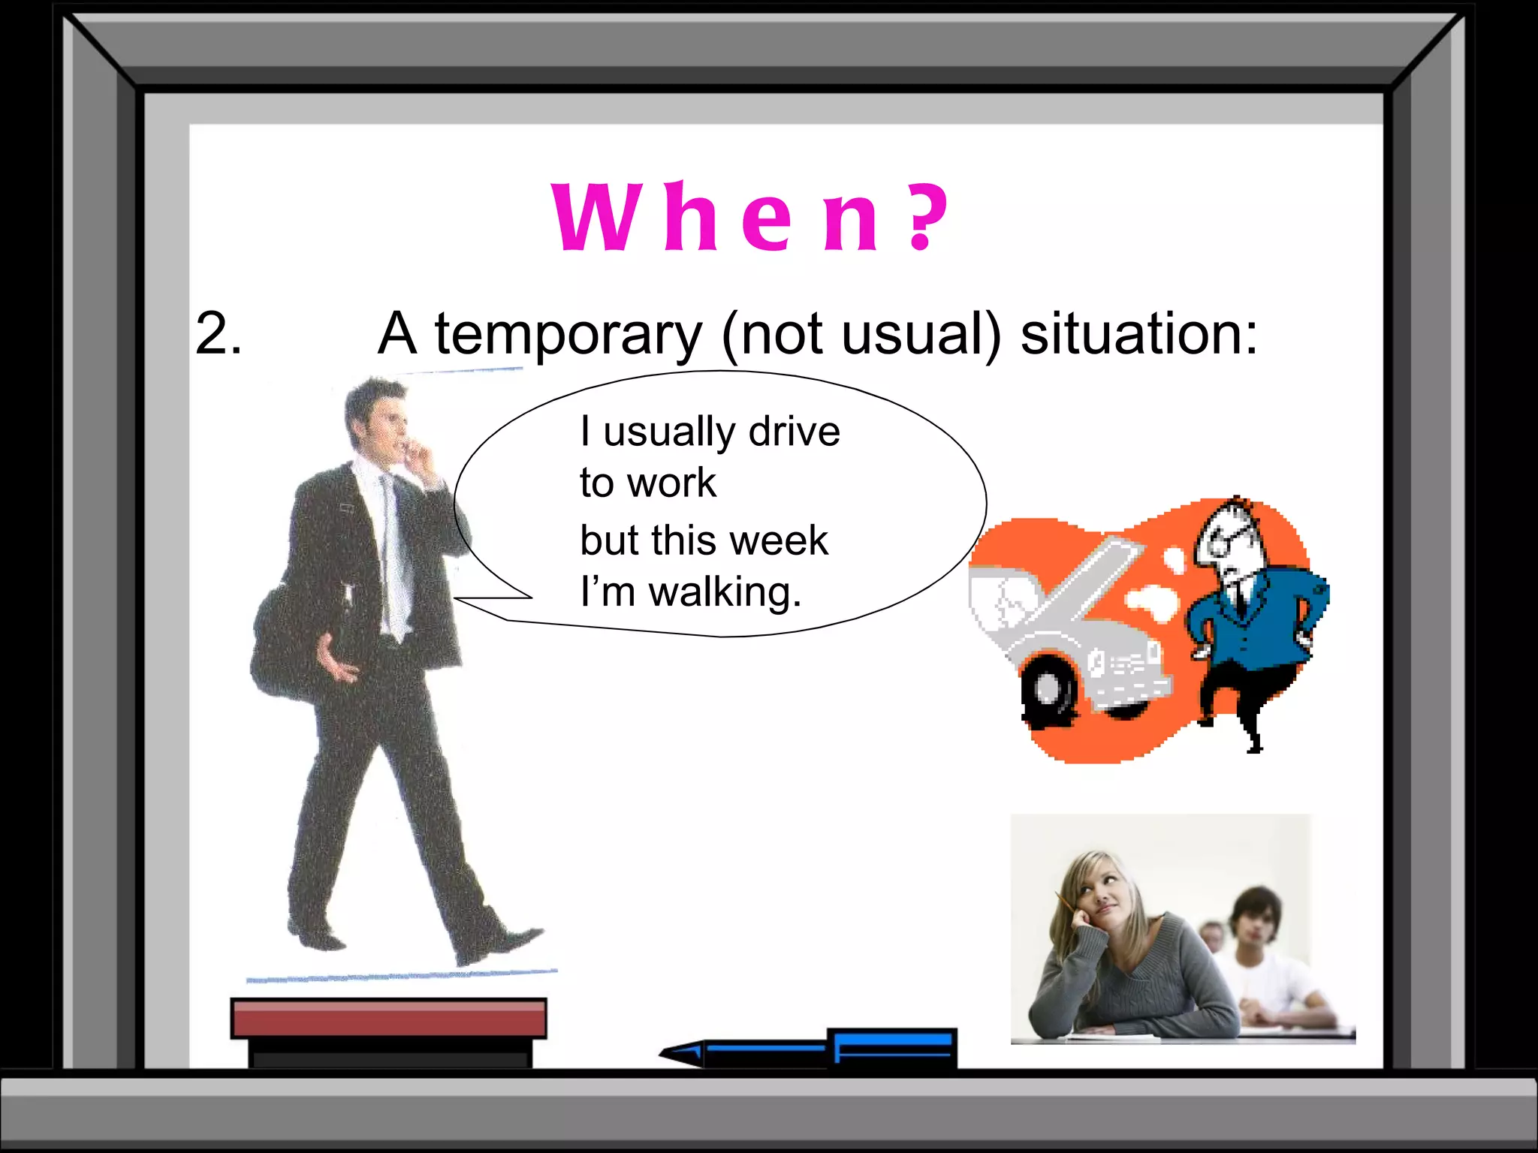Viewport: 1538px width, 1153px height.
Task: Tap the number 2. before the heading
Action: point(218,333)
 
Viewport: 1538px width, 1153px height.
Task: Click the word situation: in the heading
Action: point(1138,333)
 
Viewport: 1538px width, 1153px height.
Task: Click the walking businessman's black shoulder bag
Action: point(282,646)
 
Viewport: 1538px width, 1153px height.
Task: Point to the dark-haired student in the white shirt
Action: point(1262,953)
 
